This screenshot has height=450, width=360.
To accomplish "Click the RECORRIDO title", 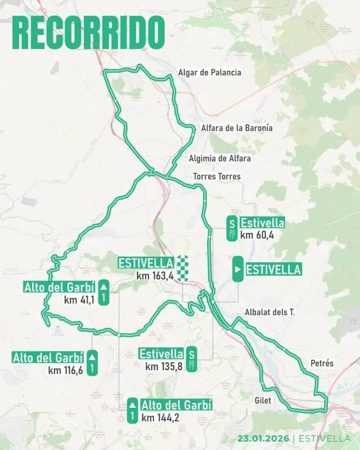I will [89, 32].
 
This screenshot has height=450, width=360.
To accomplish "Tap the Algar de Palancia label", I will [209, 73].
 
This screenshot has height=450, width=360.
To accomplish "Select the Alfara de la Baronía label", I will [237, 128].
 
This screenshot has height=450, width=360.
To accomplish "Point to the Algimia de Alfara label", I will [220, 159].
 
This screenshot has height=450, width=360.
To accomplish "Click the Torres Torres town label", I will [217, 177].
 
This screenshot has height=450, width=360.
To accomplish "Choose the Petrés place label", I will [322, 363].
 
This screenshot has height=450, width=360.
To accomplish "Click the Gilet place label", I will [263, 400].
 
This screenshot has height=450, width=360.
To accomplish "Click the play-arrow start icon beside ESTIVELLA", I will [238, 269].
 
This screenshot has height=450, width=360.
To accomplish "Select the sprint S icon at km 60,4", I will [231, 229].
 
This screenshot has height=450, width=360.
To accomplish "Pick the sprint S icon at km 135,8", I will [192, 360].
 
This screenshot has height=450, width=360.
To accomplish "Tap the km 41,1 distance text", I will [79, 300].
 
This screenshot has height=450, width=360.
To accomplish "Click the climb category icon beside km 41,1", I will [103, 293].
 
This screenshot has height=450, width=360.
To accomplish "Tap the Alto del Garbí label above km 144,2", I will [176, 405].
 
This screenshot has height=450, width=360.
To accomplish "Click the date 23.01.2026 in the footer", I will [263, 439].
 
